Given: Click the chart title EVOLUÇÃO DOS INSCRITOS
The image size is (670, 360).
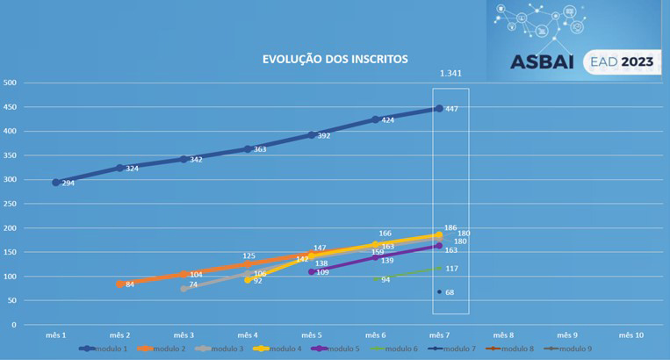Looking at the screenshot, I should pyautogui.click(x=335, y=60).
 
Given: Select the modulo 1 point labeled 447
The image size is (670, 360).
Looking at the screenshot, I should pyautogui.click(x=439, y=109).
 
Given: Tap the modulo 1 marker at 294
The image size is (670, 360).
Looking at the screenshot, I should pyautogui.click(x=56, y=183).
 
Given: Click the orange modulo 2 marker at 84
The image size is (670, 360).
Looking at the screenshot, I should pyautogui.click(x=120, y=284).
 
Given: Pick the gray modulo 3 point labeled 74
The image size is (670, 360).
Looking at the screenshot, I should pyautogui.click(x=184, y=288).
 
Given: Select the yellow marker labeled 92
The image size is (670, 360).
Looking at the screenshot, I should pyautogui.click(x=248, y=280).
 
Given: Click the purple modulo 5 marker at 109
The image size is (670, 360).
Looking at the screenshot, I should pyautogui.click(x=312, y=272).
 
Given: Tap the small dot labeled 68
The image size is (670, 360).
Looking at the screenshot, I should pyautogui.click(x=439, y=292).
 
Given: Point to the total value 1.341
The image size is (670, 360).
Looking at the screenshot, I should pyautogui.click(x=450, y=74).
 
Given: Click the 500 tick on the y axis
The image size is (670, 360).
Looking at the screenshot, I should pyautogui.click(x=11, y=83).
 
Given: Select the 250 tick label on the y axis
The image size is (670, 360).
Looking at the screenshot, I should pyautogui.click(x=11, y=204).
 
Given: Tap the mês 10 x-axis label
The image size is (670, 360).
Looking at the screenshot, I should pyautogui.click(x=630, y=335).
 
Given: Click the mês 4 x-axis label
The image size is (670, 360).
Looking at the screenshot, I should pyautogui.click(x=248, y=335).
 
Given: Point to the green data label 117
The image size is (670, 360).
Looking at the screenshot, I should pyautogui.click(x=451, y=269).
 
